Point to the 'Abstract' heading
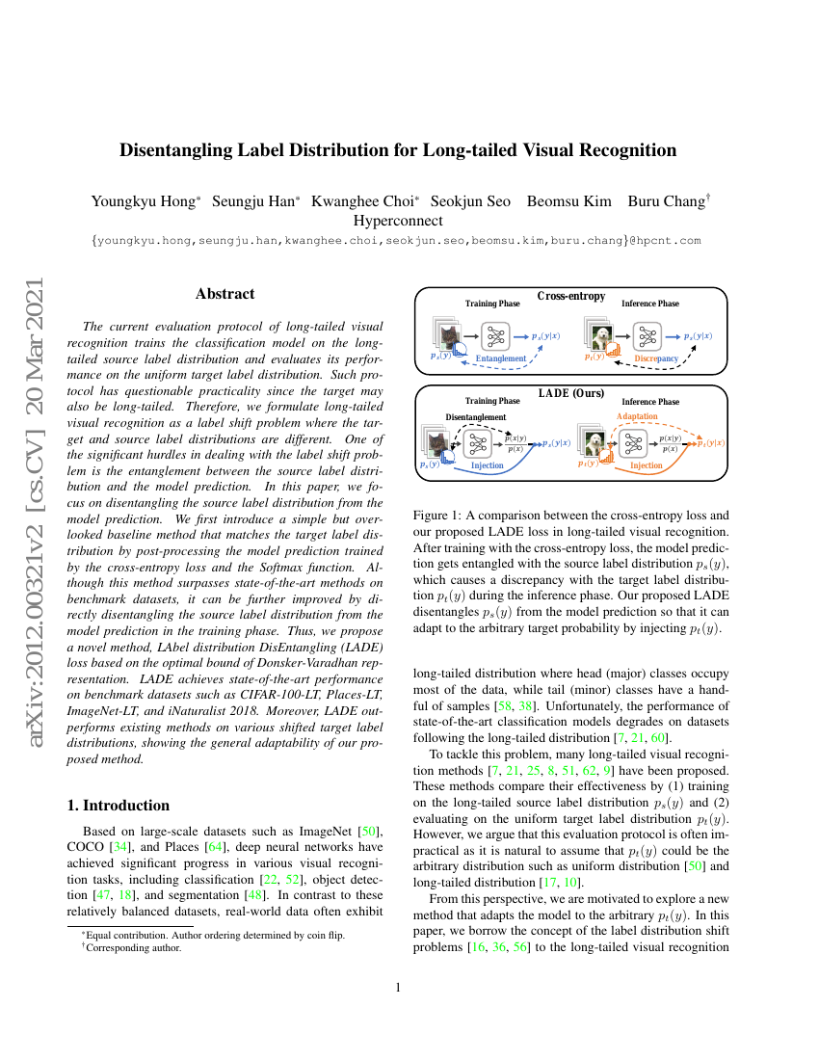pos(225,294)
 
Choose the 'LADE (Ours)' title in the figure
pos(571,392)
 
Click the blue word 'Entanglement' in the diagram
pos(501,358)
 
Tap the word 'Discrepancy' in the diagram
pos(656,358)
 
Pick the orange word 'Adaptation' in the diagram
pos(636,416)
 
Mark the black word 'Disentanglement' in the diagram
pos(475,417)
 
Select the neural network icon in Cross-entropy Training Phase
pos(496,335)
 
